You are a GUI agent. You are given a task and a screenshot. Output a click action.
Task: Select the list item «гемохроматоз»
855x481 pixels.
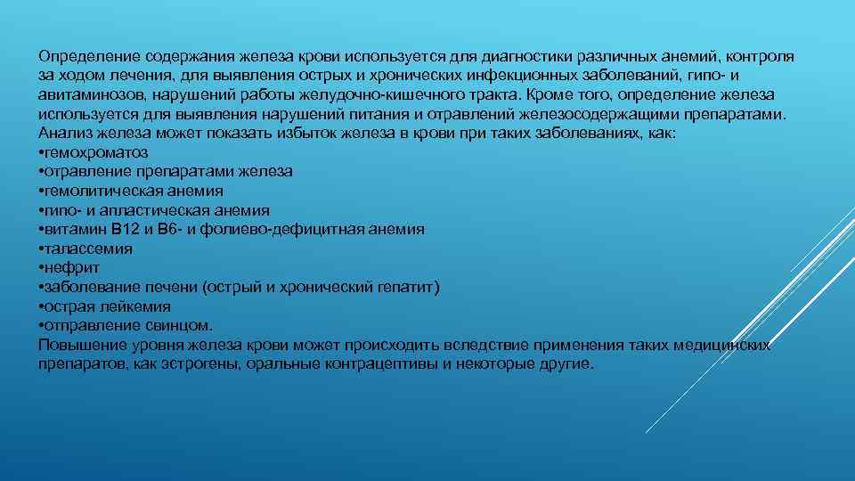click(x=96, y=152)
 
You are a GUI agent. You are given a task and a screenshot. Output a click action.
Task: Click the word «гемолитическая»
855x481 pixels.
click(x=97, y=191)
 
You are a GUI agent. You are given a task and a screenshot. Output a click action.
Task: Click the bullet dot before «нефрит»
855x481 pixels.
click(x=42, y=267)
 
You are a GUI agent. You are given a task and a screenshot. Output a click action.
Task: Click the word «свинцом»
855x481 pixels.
click(x=183, y=325)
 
